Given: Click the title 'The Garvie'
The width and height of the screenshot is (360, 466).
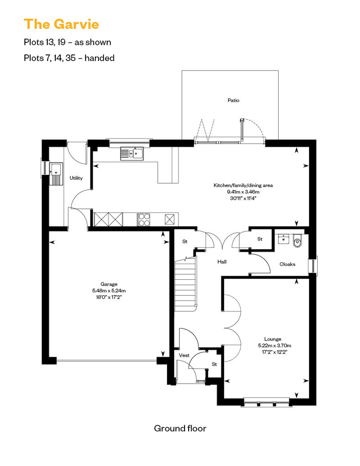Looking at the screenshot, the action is (x=61, y=24).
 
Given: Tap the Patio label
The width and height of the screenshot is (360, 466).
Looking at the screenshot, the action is (x=234, y=100).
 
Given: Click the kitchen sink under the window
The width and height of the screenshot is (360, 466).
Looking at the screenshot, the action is (x=132, y=154).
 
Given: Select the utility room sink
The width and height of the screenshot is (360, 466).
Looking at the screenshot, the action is (x=56, y=174).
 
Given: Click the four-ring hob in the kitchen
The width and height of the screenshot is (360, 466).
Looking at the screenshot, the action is (x=144, y=220).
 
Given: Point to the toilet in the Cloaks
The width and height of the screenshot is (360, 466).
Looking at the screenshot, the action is (x=297, y=241).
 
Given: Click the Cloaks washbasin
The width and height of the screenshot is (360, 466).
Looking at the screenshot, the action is (x=283, y=239).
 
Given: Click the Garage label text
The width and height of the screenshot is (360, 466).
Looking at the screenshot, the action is (x=109, y=284).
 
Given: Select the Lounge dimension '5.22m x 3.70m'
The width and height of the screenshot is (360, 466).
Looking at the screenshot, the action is (x=274, y=345).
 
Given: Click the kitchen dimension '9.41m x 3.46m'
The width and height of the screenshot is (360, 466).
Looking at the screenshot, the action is (x=243, y=192).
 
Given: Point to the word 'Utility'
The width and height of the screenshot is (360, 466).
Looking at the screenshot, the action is (x=76, y=178).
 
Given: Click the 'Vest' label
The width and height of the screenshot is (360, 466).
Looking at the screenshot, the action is (x=184, y=355).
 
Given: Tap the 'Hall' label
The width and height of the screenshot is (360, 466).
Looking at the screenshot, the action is (x=222, y=262).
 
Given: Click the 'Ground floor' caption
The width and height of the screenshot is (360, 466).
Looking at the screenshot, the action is (x=180, y=428).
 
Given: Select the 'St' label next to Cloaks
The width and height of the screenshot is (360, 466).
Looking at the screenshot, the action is (x=260, y=239).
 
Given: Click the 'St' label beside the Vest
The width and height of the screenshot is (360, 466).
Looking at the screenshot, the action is (x=214, y=364).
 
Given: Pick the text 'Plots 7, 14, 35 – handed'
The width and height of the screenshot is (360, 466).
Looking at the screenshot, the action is (x=69, y=58).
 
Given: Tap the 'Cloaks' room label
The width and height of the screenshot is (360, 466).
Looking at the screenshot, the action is (x=288, y=264).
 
